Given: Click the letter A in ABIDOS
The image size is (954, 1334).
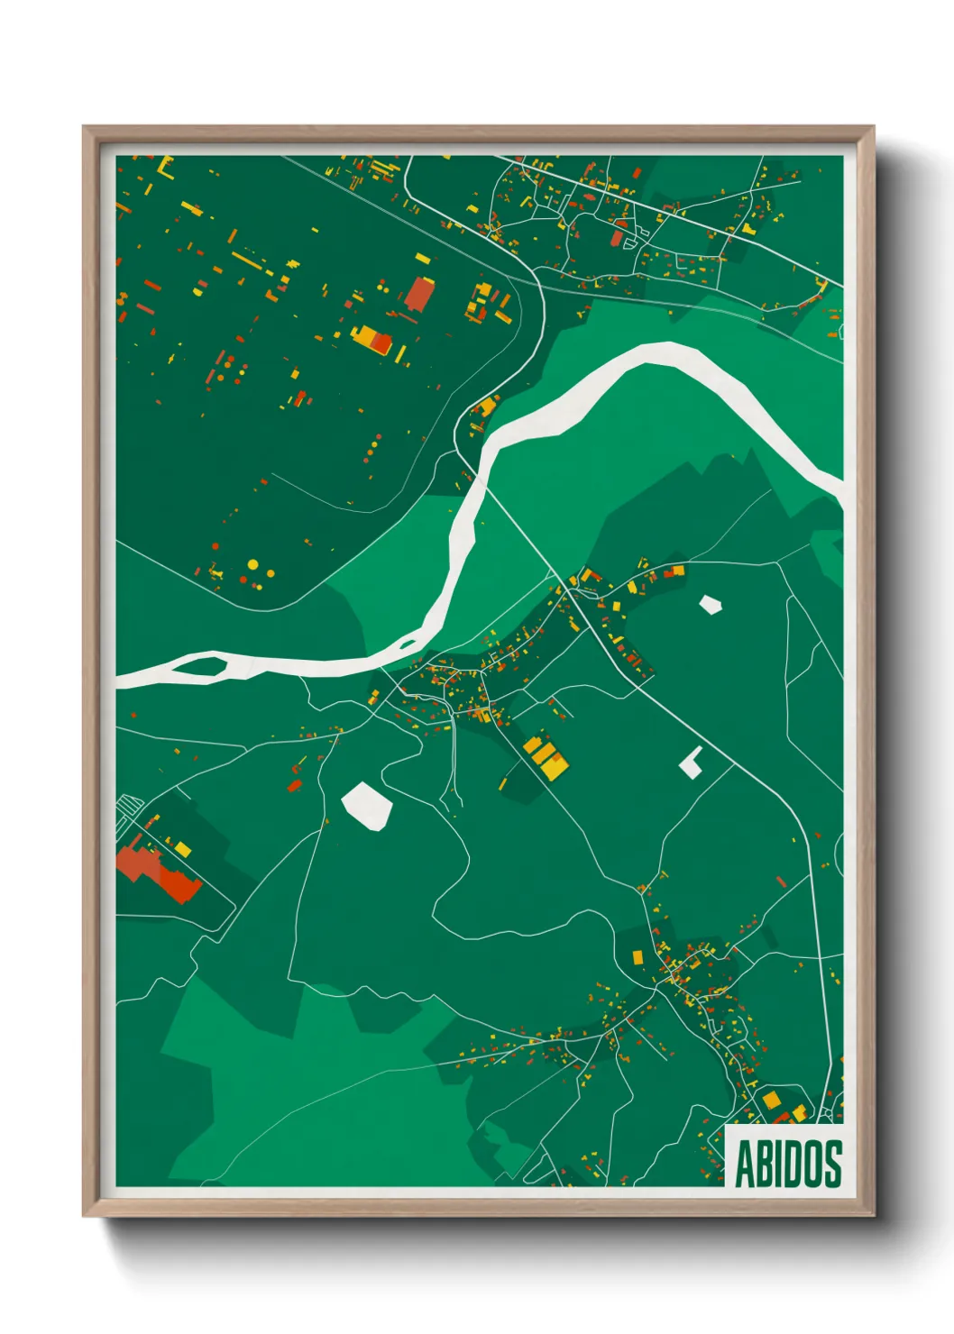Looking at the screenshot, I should tap(747, 1164).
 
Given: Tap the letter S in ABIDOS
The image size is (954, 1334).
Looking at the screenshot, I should tap(832, 1164).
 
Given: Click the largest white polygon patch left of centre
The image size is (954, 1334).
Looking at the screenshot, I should tap(366, 805).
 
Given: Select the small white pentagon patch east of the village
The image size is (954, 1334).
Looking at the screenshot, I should tap(711, 604).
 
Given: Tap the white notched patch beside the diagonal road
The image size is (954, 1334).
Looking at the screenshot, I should tap(692, 763).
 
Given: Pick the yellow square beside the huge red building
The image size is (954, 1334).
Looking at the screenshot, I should tap(183, 848).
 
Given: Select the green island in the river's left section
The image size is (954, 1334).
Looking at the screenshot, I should tap(205, 667).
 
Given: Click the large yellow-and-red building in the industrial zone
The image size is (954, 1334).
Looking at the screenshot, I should tap(372, 340).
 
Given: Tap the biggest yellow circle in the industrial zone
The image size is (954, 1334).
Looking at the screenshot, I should tap(253, 564).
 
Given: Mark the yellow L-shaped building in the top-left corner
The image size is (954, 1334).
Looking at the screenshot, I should tap(164, 167).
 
